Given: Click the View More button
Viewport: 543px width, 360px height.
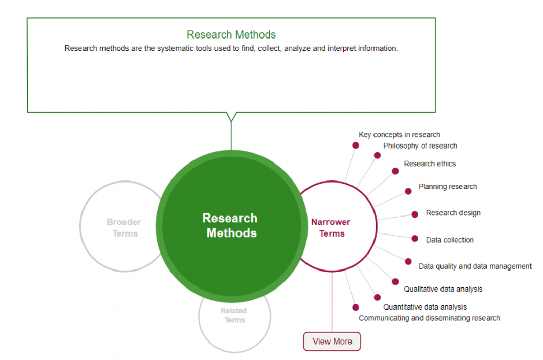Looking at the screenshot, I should pos(332,342).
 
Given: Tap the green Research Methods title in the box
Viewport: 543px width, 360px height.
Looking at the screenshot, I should pos(231,35).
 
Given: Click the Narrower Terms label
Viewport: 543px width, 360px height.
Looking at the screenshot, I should pos(331,228).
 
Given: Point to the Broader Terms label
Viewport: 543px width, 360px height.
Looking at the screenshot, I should pos(124,228).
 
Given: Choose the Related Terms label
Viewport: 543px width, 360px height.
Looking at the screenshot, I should pos(234,316).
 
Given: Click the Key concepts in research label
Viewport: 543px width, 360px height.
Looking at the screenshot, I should pos(399,135).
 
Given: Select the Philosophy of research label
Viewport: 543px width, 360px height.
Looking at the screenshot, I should pos(420,146).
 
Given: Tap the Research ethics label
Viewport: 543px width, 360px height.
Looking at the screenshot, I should pos(430,164).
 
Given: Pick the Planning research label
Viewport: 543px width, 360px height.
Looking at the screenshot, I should pos(448,187).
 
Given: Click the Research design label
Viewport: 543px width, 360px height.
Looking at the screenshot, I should pos(453,213).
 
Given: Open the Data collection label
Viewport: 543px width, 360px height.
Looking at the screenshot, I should pos(449,240).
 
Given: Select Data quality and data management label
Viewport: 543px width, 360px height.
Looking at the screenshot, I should pos(475,266).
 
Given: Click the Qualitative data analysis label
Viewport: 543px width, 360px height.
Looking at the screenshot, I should pos(443,289).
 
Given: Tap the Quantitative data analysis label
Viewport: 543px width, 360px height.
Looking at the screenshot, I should pos(425,307).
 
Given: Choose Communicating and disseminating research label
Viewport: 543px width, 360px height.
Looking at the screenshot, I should pos(429,318).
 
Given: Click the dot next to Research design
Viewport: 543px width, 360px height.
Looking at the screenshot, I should pos(415,214).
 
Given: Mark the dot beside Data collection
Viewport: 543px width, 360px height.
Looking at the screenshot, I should pos(414,239).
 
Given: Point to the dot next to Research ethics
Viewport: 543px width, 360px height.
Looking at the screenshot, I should pos(395,171).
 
